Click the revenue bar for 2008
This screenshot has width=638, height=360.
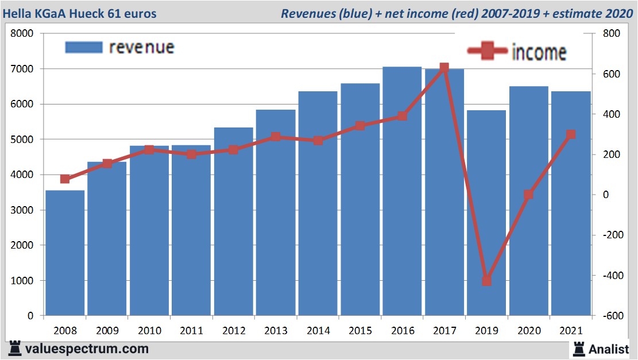(65, 253)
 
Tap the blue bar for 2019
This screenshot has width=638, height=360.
(486, 213)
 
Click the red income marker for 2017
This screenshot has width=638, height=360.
(444, 68)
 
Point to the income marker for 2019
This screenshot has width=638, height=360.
(486, 281)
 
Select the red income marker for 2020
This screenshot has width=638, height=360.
(528, 195)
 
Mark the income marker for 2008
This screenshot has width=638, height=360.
(65, 179)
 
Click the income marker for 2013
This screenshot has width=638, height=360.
(276, 137)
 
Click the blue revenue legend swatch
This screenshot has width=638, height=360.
(84, 47)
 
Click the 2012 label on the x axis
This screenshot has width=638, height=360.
(233, 331)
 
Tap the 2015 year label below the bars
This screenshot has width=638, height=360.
(360, 331)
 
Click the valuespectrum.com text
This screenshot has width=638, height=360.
(86, 349)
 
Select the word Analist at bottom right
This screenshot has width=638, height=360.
(609, 349)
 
